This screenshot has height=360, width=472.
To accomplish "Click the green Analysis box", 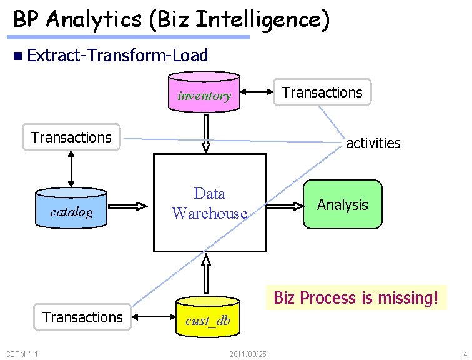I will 342,205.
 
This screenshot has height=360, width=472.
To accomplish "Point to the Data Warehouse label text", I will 210,204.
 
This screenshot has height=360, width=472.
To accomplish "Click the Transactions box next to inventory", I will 322,92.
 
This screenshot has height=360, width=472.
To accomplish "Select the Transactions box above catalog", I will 71,137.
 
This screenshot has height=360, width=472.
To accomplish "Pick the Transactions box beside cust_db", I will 82,317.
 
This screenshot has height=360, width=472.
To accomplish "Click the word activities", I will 373,143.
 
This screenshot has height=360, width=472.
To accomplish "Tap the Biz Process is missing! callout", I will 360,297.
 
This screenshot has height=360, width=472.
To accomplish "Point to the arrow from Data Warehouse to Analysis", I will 283,205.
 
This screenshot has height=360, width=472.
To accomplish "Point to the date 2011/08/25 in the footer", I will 248,354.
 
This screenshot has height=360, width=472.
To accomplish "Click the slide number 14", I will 462,354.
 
